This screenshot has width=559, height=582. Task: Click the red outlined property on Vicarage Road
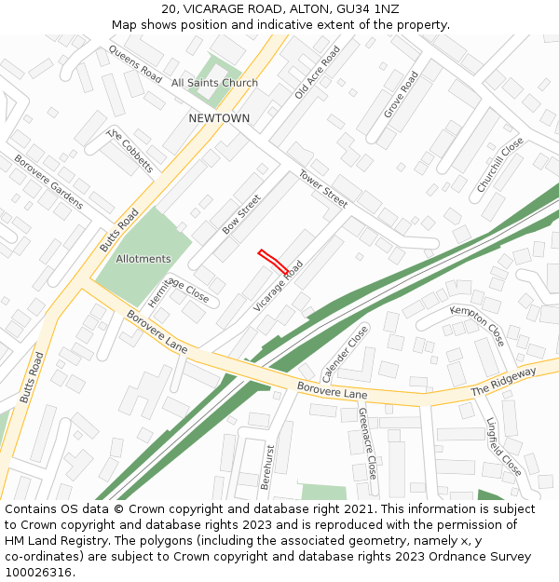[273, 260]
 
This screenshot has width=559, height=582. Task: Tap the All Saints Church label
[214, 83]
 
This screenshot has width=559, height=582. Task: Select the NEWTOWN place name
[219, 118]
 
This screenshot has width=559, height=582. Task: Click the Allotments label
[143, 259]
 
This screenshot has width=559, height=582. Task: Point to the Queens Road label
[135, 63]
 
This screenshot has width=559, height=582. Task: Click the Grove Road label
[401, 94]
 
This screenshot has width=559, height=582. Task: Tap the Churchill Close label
[500, 165]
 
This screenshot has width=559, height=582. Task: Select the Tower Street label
[323, 189]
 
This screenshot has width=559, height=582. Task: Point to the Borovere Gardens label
[48, 182]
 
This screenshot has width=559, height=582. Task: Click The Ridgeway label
[503, 382]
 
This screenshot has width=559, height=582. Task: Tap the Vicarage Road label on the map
[279, 286]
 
